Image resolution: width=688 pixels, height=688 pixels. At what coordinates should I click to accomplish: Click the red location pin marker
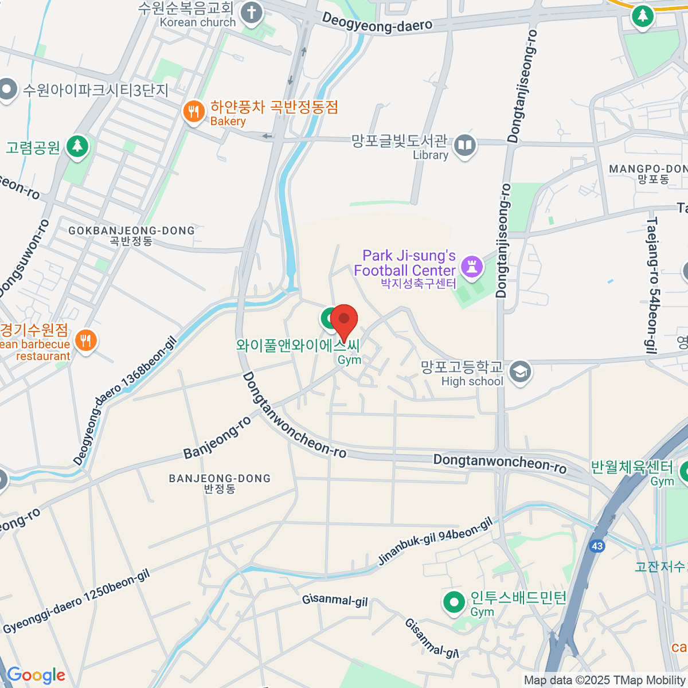pyautogui.click(x=344, y=320)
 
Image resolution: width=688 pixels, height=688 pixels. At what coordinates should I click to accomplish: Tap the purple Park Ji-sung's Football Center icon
pyautogui.click(x=472, y=267)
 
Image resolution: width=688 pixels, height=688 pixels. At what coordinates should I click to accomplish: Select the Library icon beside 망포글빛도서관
pyautogui.click(x=464, y=146)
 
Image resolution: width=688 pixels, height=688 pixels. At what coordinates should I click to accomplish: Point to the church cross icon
pyautogui.click(x=251, y=13)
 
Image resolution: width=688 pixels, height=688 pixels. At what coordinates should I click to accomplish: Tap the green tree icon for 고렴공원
pyautogui.click(x=77, y=147)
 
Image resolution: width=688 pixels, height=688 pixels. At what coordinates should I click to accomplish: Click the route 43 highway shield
pyautogui.click(x=597, y=546)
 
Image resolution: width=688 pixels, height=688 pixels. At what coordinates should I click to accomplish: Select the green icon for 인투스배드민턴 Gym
pyautogui.click(x=455, y=603)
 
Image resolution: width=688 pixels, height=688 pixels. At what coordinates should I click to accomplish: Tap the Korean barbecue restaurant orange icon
pyautogui.click(x=85, y=341)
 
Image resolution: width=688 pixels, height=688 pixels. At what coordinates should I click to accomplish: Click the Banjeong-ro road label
pyautogui.click(x=217, y=437)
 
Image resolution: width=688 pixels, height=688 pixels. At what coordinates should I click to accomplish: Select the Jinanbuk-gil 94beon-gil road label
pyautogui.click(x=435, y=541)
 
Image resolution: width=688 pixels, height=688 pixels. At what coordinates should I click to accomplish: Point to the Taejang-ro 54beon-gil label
pyautogui.click(x=652, y=285)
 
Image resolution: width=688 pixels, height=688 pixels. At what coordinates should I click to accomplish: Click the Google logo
pyautogui.click(x=36, y=675)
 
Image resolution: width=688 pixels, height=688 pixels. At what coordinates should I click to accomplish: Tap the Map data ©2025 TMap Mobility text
pyautogui.click(x=605, y=681)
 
